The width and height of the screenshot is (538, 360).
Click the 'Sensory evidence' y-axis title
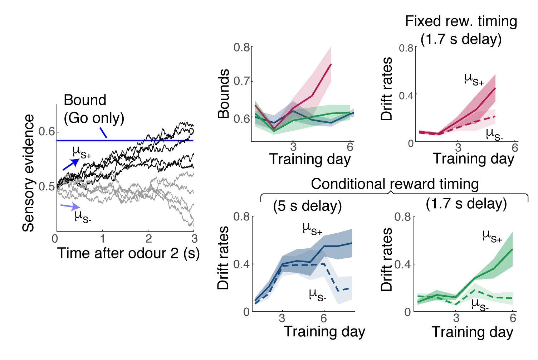(x=28, y=173)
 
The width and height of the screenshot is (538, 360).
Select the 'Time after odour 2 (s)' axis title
(x=128, y=253)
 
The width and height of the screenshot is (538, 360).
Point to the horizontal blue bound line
(x=125, y=141)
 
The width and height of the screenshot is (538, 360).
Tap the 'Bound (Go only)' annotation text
(x=94, y=109)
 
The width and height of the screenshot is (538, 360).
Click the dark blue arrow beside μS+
(x=71, y=164)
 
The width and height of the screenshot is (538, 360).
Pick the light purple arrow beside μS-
(x=70, y=206)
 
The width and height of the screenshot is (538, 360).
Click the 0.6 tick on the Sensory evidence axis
(x=47, y=132)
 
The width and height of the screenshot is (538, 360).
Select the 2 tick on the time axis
(x=148, y=238)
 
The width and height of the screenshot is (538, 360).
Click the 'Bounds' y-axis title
(x=224, y=94)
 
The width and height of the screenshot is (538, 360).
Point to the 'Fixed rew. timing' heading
(x=461, y=21)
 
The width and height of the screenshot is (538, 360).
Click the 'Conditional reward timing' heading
(x=395, y=184)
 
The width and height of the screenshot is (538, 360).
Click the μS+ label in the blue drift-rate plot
(x=312, y=229)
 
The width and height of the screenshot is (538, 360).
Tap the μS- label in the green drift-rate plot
(x=480, y=305)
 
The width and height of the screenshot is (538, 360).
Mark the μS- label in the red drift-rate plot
(x=494, y=135)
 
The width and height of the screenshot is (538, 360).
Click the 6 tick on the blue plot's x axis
(x=324, y=318)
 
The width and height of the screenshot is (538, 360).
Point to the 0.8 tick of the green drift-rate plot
(x=402, y=217)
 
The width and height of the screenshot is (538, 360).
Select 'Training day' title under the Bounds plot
(x=310, y=159)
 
